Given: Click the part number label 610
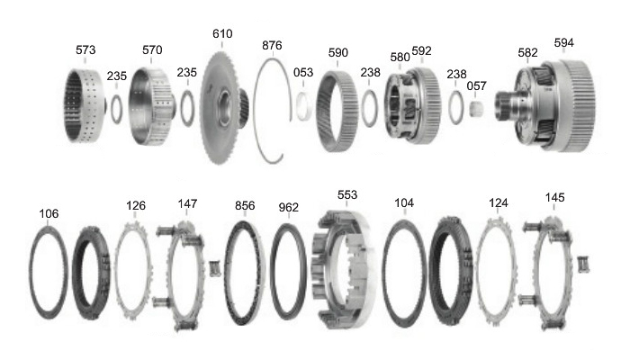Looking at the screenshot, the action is click(x=222, y=34).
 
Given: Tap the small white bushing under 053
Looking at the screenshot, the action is click(x=303, y=105).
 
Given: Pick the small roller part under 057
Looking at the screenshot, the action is click(x=476, y=109).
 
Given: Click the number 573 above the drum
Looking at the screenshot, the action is click(x=85, y=49).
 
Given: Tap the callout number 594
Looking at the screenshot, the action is click(x=563, y=42).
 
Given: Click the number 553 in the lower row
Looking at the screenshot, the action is click(x=347, y=195).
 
